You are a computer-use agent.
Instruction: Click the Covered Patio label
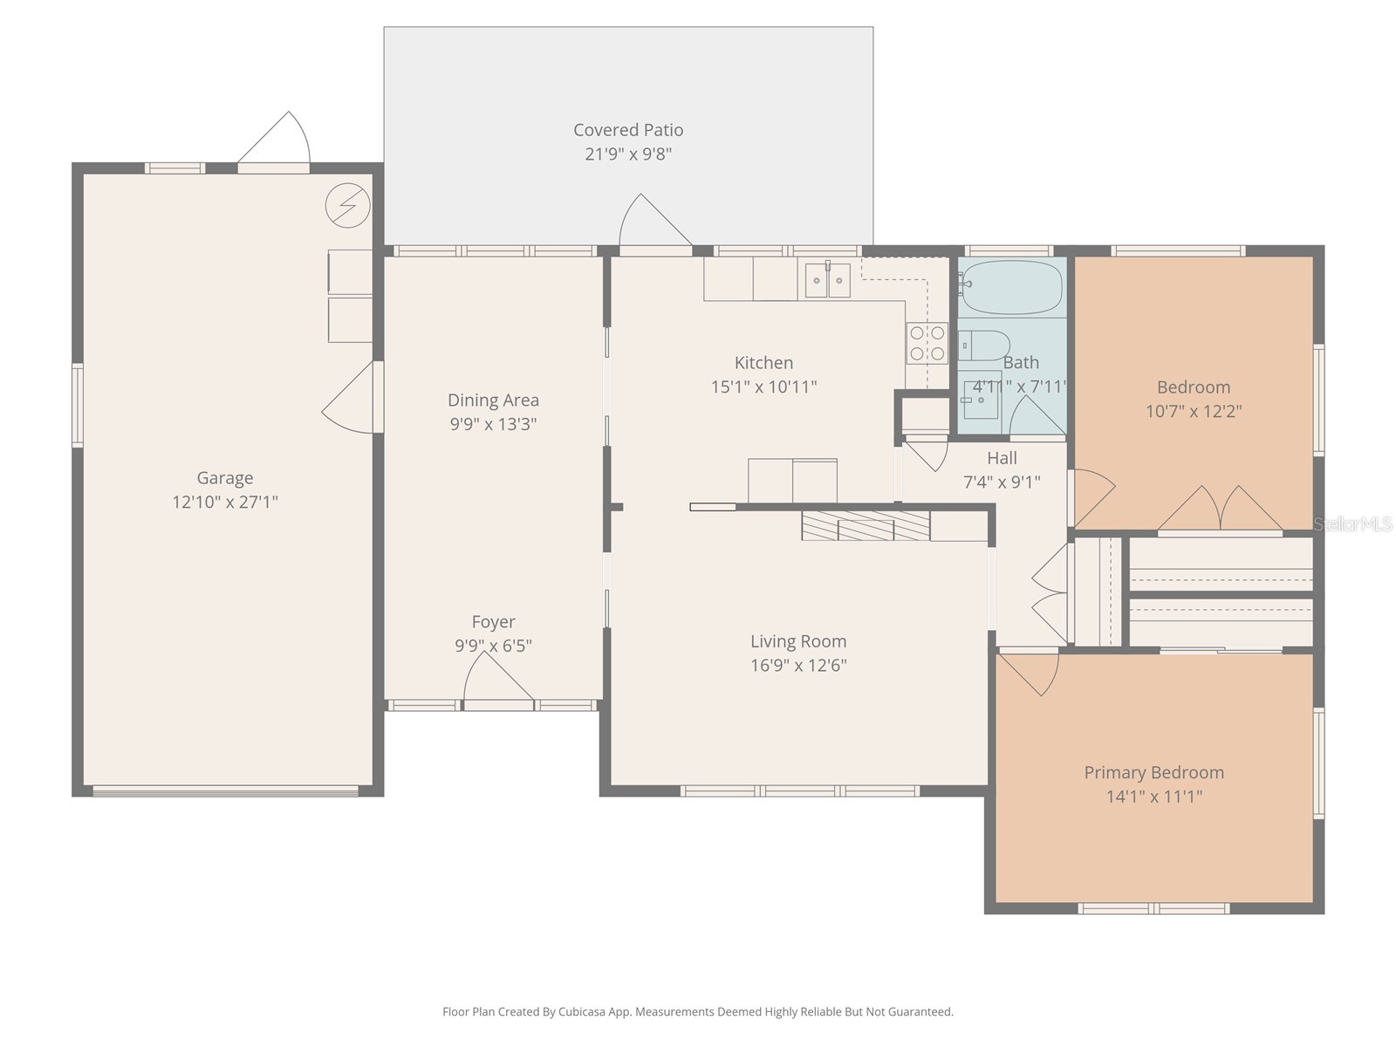tap(627, 130)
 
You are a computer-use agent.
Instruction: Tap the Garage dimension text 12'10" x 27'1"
tap(225, 502)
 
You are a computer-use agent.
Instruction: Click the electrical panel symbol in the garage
tap(347, 206)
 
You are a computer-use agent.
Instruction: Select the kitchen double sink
tap(827, 280)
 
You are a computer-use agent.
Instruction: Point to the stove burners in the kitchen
tap(927, 343)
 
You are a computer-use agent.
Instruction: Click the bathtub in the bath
tap(1011, 287)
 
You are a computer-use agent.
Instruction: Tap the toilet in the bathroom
tap(983, 346)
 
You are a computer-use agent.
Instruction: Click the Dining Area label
tap(493, 400)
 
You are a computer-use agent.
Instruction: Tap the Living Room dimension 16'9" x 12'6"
tap(798, 665)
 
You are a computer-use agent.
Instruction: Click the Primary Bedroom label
tap(1153, 772)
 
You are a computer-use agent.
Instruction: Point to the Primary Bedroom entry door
tap(1030, 672)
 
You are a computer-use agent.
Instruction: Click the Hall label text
tap(1002, 458)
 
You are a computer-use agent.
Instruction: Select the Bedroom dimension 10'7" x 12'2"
tap(1193, 411)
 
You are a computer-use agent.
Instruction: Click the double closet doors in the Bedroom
tap(1220, 510)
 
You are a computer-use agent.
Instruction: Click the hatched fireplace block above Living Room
tap(865, 526)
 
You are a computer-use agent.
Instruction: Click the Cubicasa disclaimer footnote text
tap(697, 1012)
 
